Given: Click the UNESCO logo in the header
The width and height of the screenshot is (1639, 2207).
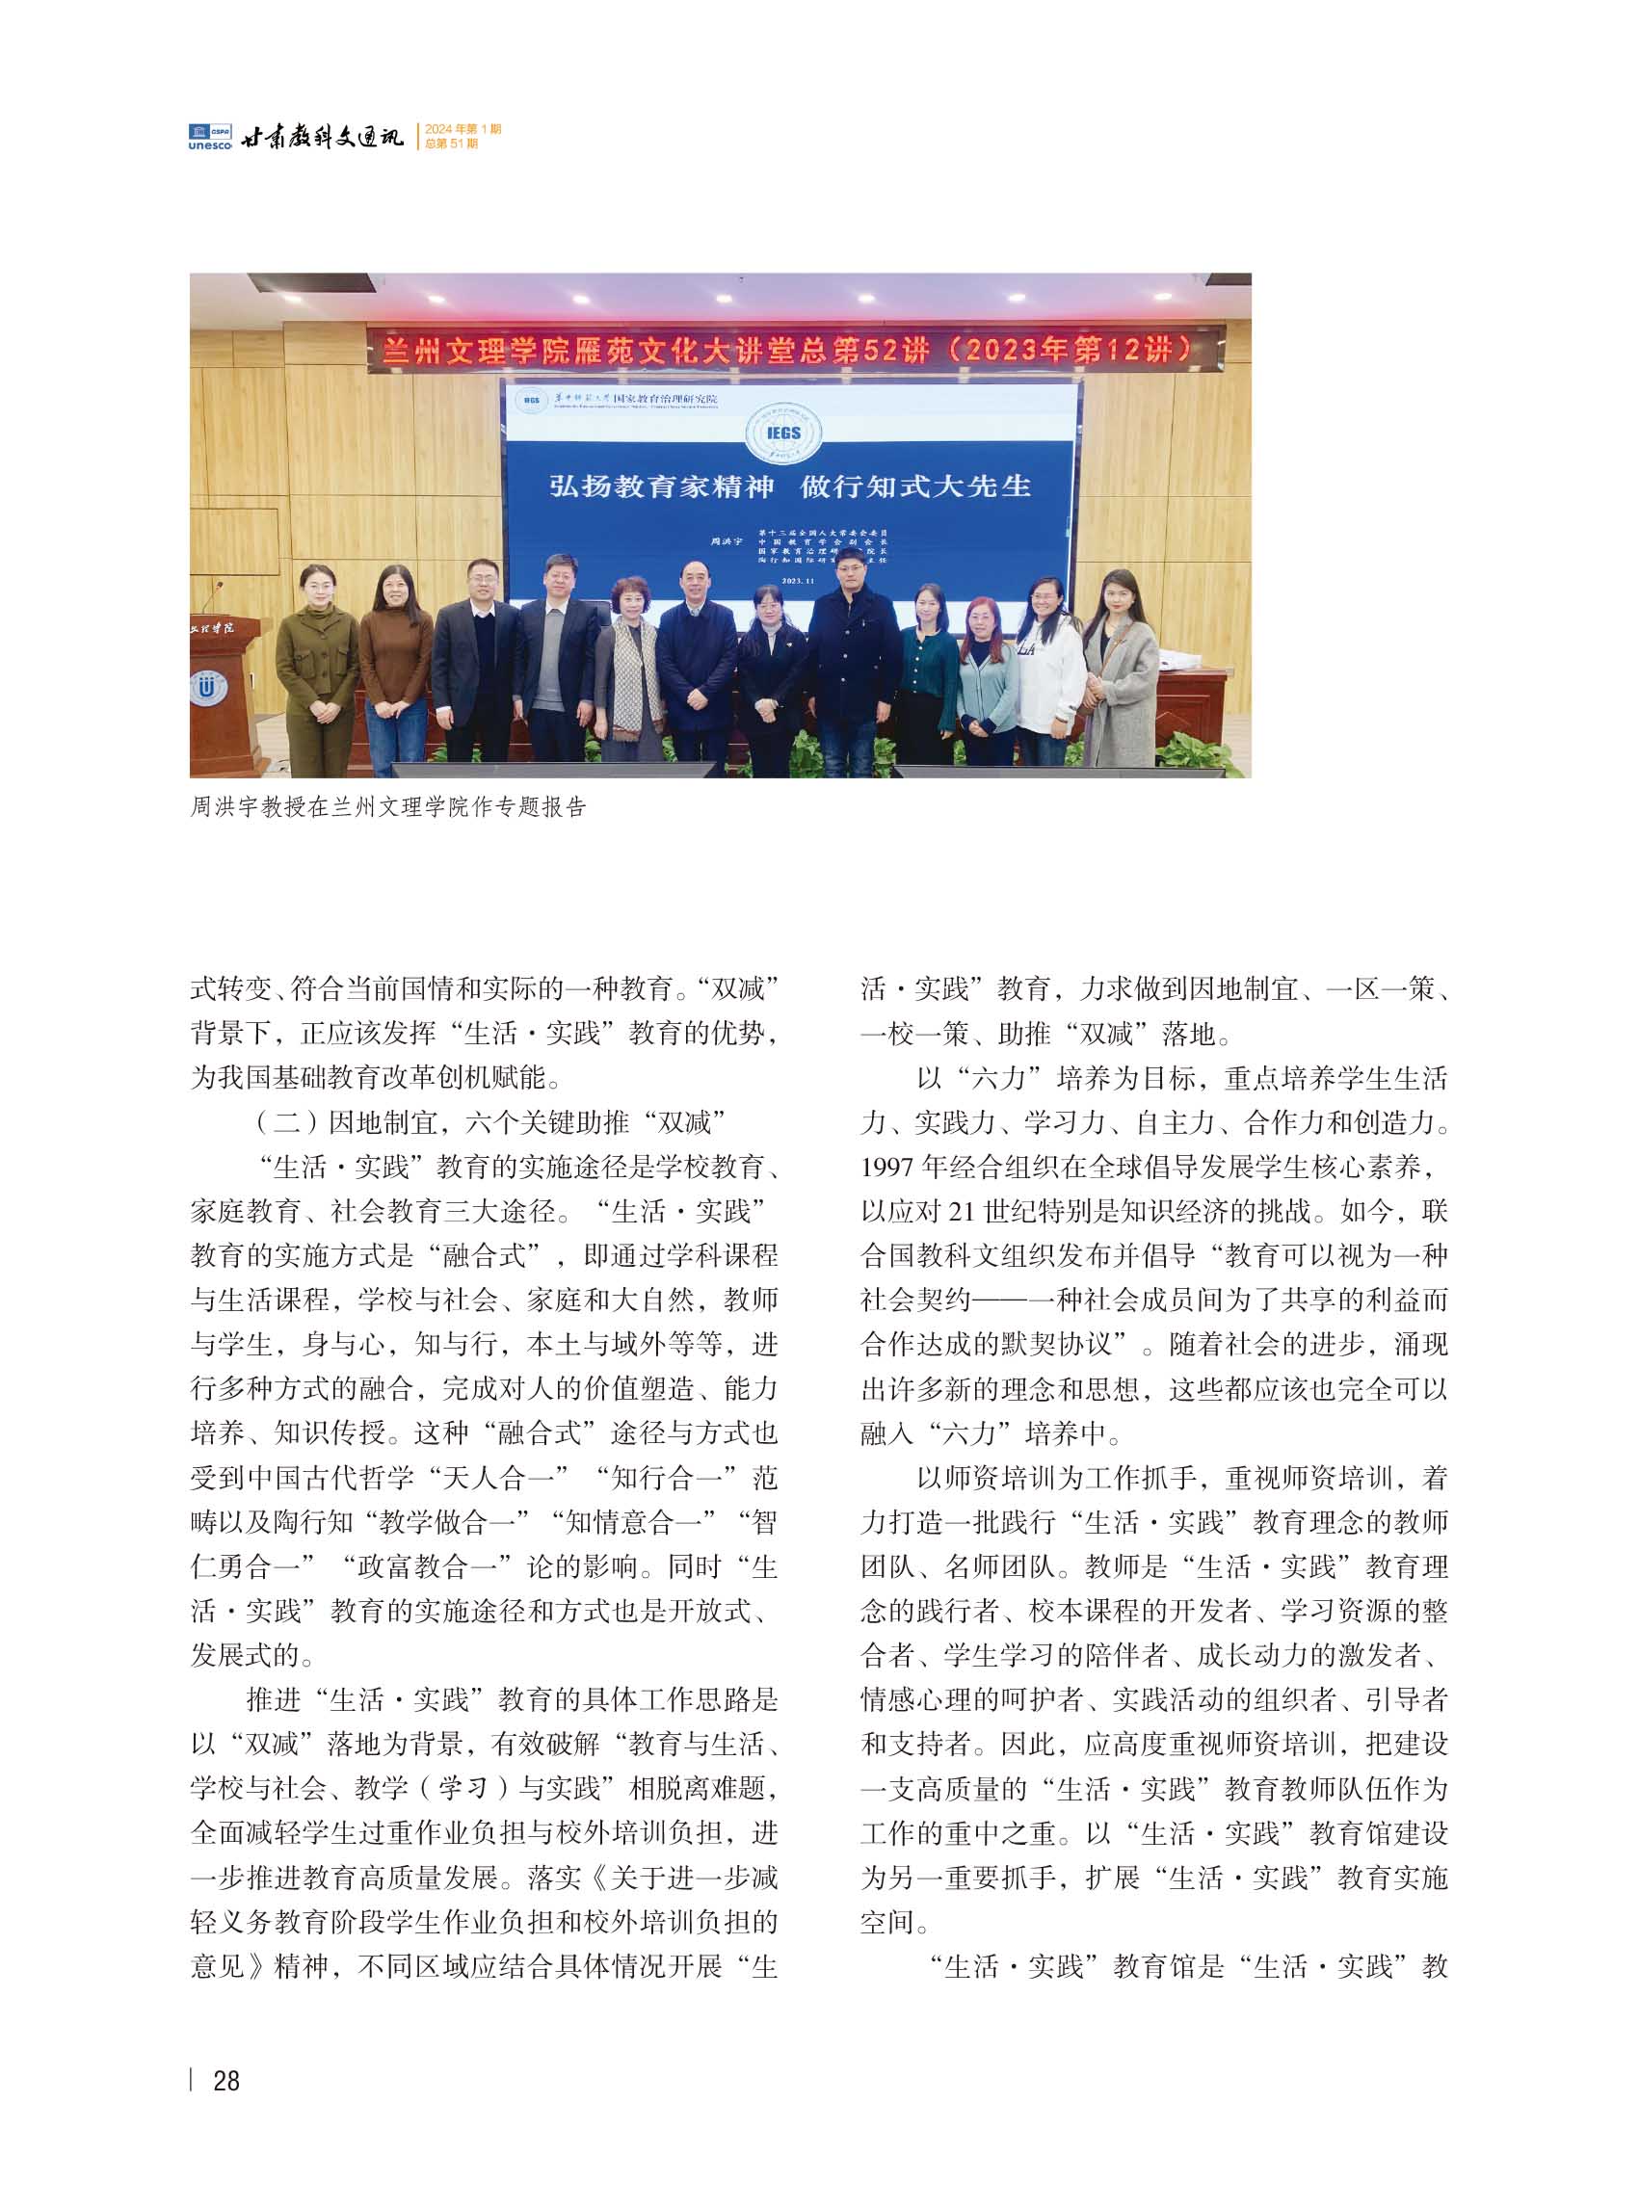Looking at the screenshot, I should [x=209, y=137].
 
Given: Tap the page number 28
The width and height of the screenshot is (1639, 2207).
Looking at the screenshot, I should [x=226, y=2081].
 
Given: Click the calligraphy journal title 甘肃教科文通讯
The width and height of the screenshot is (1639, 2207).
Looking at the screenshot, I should [x=324, y=137].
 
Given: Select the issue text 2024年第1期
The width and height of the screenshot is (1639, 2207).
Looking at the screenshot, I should [x=463, y=129].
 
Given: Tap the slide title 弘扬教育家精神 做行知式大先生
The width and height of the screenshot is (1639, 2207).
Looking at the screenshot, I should [x=790, y=486].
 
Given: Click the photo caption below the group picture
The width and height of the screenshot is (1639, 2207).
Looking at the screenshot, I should [x=388, y=807].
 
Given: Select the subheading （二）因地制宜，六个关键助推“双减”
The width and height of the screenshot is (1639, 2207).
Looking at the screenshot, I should [x=490, y=1122].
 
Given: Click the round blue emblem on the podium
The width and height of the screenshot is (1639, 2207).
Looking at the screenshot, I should [x=207, y=688].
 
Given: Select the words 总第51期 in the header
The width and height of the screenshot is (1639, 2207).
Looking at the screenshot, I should [x=451, y=144].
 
